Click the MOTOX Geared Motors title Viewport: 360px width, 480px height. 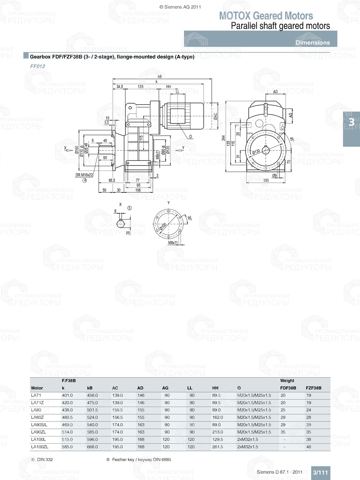coord(266,16)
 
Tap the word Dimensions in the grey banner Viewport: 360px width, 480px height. coord(312,42)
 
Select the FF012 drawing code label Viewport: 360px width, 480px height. coord(37,66)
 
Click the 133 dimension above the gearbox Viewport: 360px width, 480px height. coord(140,87)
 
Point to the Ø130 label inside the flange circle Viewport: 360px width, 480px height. coord(256,152)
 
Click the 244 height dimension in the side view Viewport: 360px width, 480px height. coord(223,138)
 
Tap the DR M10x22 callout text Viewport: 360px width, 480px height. coord(84,175)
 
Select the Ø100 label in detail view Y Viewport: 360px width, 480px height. coord(163,227)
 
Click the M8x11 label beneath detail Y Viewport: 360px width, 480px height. coord(173,243)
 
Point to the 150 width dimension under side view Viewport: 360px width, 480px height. coord(266,180)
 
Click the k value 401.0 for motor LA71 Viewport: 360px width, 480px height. coord(67,395)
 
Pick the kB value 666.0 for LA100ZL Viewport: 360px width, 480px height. coord(92,447)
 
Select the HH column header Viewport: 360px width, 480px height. coord(215,388)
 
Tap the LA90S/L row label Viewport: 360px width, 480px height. coord(39,425)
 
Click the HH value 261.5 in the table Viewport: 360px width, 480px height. coord(217,447)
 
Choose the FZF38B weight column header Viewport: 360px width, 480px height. coord(313,388)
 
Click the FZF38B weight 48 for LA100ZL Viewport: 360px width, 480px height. coord(309,447)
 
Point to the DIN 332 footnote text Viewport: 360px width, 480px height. coord(45,459)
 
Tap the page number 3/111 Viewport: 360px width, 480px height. coord(320,472)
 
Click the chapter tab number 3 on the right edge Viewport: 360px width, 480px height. coord(351,122)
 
